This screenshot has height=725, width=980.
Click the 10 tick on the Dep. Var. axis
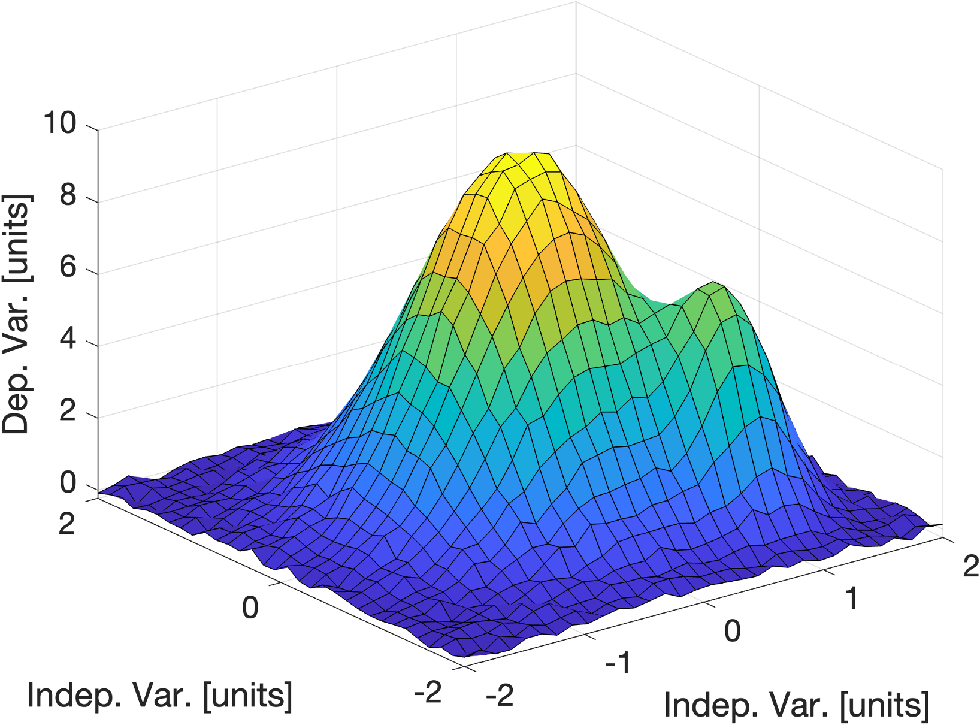(x=60, y=123)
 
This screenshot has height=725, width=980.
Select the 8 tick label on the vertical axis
(x=68, y=195)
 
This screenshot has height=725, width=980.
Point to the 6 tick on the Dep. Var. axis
(x=68, y=267)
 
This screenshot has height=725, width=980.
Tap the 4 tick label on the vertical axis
(x=68, y=339)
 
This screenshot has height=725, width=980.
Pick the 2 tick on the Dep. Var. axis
(x=68, y=412)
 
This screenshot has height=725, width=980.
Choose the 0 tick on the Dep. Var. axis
(x=68, y=484)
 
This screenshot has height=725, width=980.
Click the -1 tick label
(x=618, y=663)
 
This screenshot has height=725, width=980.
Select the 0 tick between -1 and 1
(x=732, y=630)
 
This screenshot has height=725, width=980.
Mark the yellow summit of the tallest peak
(x=519, y=159)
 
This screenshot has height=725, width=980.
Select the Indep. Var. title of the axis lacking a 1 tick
(x=159, y=695)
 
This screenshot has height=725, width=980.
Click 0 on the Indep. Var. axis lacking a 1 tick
(x=250, y=607)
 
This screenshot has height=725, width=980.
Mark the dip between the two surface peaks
(x=659, y=303)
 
